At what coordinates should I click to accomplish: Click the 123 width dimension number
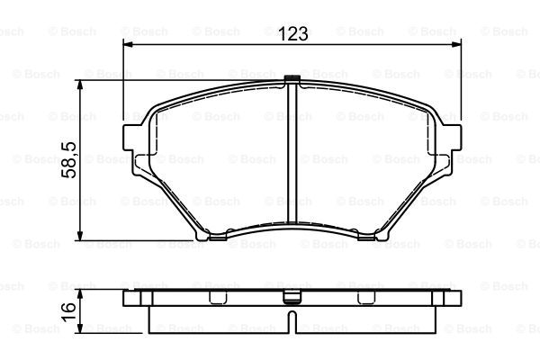click(x=293, y=33)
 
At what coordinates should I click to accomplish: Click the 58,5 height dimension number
click(x=68, y=160)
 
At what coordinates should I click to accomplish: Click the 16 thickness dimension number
click(x=68, y=312)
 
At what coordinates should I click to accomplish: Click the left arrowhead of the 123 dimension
click(x=128, y=44)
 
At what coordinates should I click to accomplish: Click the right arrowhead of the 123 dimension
click(x=456, y=44)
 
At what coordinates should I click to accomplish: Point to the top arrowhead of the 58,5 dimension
click(x=80, y=85)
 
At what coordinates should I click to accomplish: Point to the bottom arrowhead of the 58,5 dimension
click(x=80, y=236)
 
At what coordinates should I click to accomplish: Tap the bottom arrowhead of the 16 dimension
click(x=80, y=328)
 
